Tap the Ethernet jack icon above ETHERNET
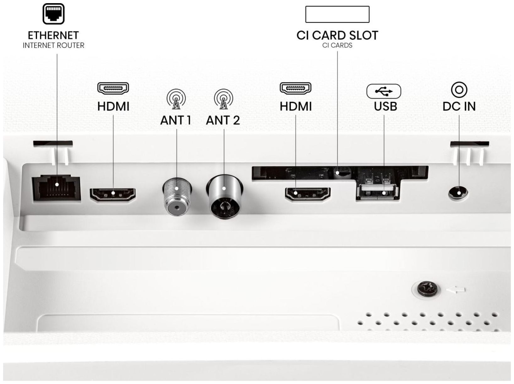(53, 14)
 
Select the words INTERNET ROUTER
(53, 45)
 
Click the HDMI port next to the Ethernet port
(112, 194)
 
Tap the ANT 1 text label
(176, 120)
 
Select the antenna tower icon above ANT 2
(223, 99)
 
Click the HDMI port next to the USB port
(308, 194)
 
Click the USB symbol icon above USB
(384, 91)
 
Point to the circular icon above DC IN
(459, 90)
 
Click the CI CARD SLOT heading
(337, 36)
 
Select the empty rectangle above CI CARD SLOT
(337, 14)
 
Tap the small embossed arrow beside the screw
(456, 290)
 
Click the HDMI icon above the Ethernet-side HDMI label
(113, 88)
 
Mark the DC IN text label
(459, 106)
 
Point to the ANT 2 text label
(223, 120)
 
